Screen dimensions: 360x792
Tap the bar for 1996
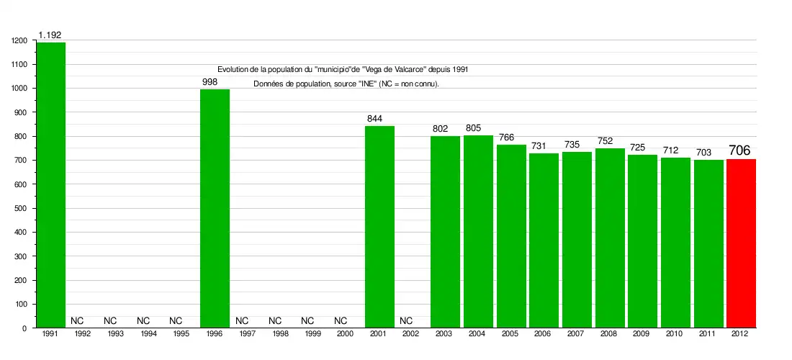tap(215, 209)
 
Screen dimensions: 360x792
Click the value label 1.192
tap(50, 35)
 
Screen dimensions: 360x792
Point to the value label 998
tap(210, 82)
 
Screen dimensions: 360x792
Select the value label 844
tap(374, 119)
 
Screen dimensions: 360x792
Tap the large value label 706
tap(739, 150)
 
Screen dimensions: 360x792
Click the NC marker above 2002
tap(406, 320)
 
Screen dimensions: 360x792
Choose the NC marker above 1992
tap(77, 320)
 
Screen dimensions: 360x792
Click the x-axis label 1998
tap(280, 334)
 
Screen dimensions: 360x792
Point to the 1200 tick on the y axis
tap(19, 41)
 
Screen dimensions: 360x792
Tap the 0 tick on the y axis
tap(24, 328)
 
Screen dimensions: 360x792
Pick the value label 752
tap(605, 141)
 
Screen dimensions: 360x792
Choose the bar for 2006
tap(544, 240)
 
